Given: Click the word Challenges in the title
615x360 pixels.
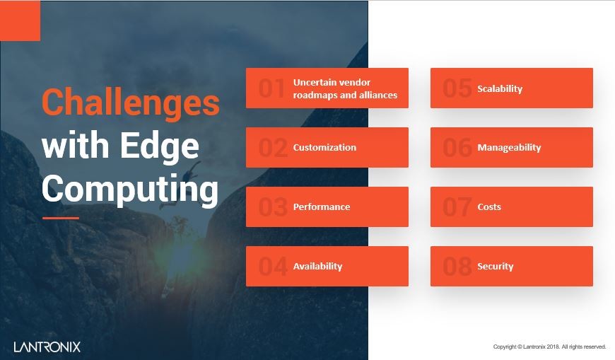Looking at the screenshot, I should pyautogui.click(x=131, y=103).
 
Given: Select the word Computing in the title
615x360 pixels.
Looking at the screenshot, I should pyautogui.click(x=129, y=189).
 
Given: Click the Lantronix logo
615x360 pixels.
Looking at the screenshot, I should pyautogui.click(x=47, y=347).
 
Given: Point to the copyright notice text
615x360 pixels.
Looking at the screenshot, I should pyautogui.click(x=549, y=347).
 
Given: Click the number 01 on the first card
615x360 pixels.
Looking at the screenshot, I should pyautogui.click(x=271, y=88).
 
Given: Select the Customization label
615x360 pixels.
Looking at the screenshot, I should pyautogui.click(x=324, y=148).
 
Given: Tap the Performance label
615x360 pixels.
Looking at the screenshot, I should pyautogui.click(x=322, y=207).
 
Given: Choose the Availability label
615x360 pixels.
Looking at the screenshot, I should pyautogui.click(x=317, y=267).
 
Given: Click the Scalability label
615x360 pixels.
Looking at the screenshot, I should pyautogui.click(x=500, y=89).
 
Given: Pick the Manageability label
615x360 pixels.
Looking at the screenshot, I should pyautogui.click(x=509, y=148).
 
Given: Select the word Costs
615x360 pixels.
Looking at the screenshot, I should pyautogui.click(x=489, y=207).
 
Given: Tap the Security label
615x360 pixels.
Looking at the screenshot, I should pyautogui.click(x=496, y=267).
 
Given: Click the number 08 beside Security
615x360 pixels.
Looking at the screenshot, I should pyautogui.click(x=457, y=267).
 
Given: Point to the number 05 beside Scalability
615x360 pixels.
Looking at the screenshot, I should pyautogui.click(x=457, y=88).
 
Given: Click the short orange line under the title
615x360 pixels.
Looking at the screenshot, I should pyautogui.click(x=61, y=218).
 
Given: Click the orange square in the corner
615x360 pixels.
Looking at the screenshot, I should pyautogui.click(x=20, y=21).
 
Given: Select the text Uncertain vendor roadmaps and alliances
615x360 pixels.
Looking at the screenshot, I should pyautogui.click(x=345, y=88).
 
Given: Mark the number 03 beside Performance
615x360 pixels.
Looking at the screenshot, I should pyautogui.click(x=272, y=207).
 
